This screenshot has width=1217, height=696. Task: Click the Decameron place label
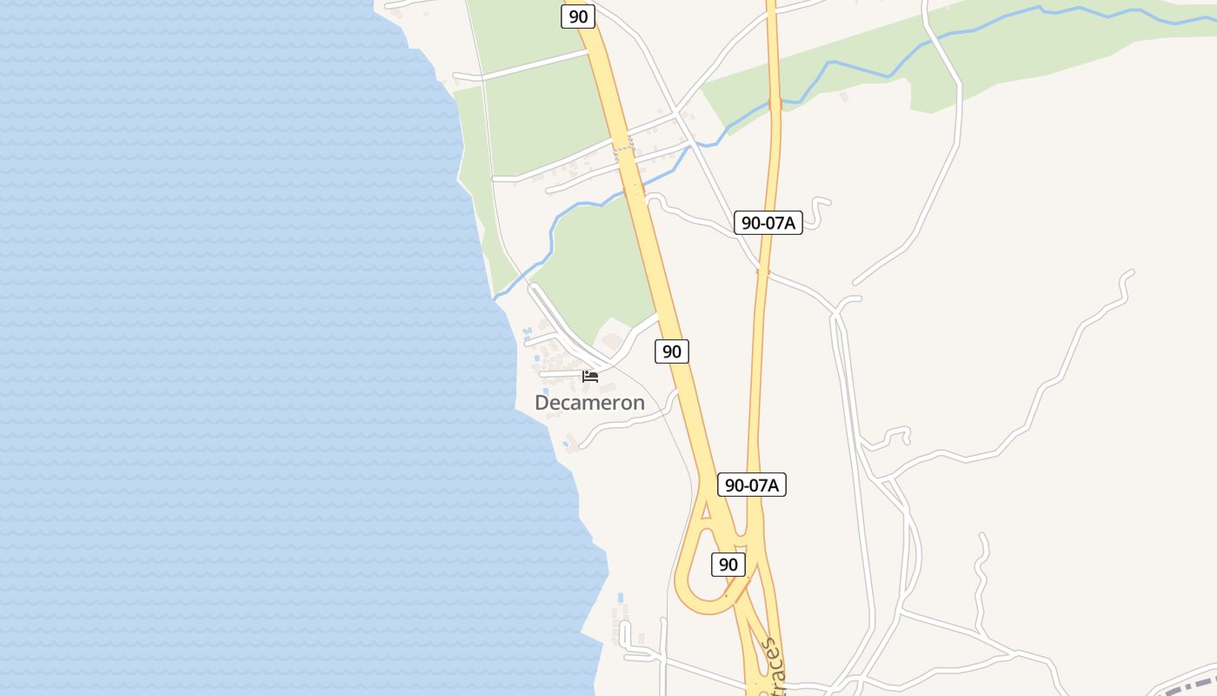[x=589, y=403]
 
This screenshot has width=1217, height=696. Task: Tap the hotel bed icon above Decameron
[x=590, y=376]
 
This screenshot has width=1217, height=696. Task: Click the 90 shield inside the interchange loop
[x=728, y=565]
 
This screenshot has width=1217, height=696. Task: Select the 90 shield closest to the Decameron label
[x=671, y=351]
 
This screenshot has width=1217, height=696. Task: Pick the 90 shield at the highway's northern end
[x=578, y=16]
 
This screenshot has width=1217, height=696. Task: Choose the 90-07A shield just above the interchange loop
[x=752, y=485]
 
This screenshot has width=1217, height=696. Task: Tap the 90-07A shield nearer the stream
[x=768, y=223]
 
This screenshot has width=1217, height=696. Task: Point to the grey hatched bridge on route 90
[x=624, y=151]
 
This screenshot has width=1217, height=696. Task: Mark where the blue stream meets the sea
[x=495, y=298]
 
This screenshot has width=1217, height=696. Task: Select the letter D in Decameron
[x=542, y=403]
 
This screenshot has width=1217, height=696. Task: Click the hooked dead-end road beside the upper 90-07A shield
[x=821, y=207]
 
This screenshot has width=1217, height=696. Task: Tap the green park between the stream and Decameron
[x=600, y=261]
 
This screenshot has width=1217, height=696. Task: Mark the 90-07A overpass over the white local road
[x=763, y=271]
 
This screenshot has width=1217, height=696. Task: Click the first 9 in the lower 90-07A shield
[x=730, y=485]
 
